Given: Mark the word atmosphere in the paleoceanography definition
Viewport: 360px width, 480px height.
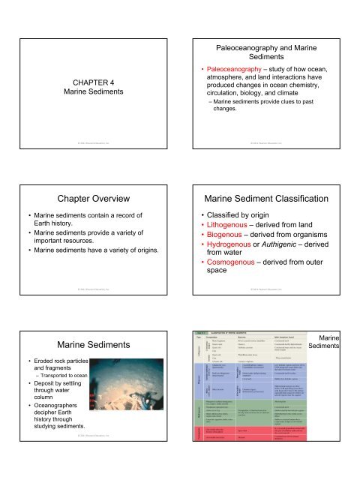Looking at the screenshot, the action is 226,64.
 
